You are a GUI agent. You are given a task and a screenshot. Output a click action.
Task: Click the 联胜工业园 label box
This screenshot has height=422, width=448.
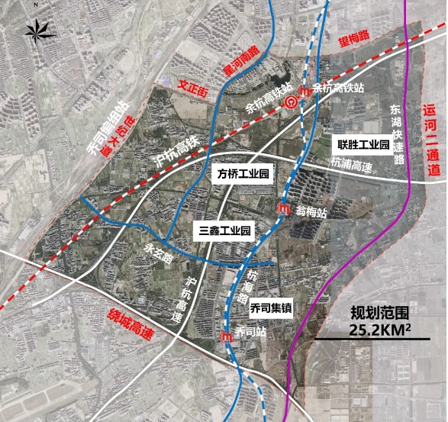[363, 144]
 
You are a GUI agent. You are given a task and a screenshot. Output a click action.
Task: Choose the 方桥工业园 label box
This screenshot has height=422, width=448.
[243, 174]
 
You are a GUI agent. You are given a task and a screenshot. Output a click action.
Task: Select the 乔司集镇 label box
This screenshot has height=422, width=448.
[269, 308]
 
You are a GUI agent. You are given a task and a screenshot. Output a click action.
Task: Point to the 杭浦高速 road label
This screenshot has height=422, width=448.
[350, 163]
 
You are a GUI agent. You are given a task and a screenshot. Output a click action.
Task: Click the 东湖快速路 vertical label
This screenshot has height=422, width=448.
[395, 134]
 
